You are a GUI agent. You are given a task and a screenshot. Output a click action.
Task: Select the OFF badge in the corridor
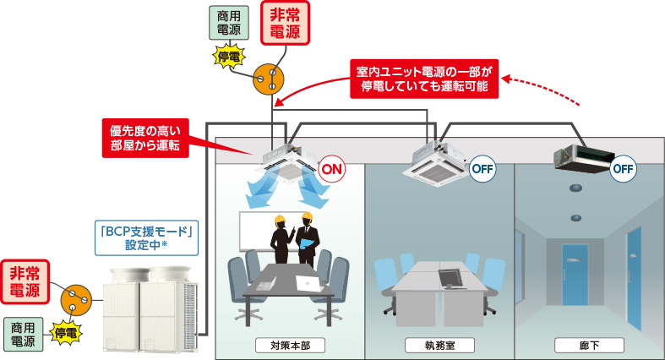click(623, 167)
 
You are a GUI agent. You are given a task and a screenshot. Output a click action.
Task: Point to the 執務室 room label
click(439, 346)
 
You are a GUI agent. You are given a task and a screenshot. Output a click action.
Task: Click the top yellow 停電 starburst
click(228, 57)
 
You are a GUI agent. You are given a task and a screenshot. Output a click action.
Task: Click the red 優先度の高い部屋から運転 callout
click(143, 137)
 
